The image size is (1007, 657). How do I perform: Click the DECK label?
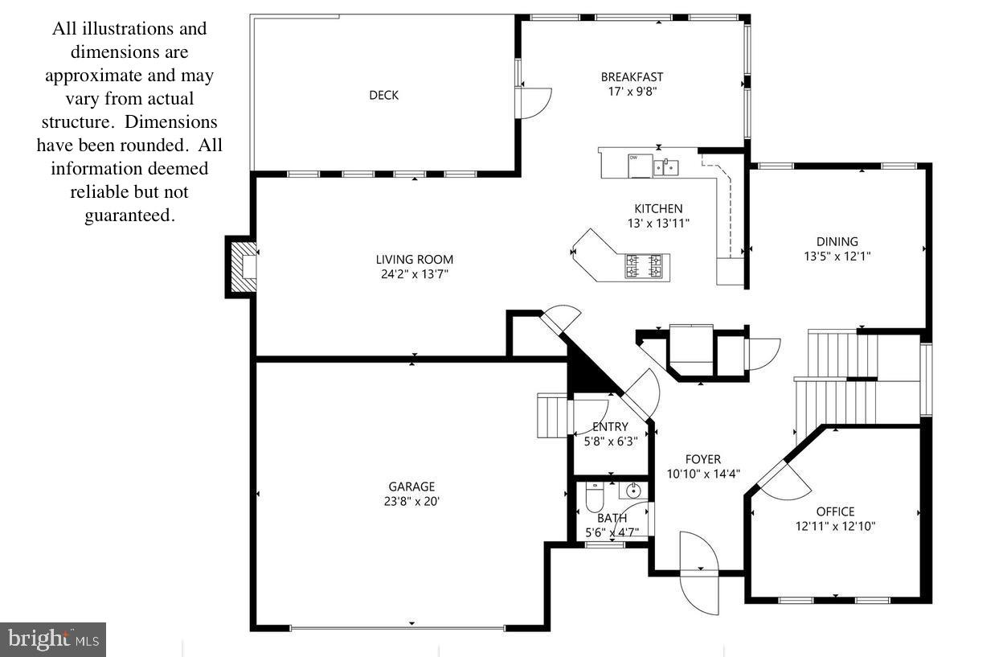(x=383, y=95)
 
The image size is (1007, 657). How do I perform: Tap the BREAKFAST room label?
(x=632, y=77)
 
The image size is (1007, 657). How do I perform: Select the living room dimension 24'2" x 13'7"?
(x=415, y=274)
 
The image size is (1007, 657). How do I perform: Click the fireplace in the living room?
(x=244, y=265)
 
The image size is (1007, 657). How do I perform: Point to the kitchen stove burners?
(x=645, y=266)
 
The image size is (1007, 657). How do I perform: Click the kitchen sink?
(x=666, y=167)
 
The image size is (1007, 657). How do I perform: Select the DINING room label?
(x=837, y=241)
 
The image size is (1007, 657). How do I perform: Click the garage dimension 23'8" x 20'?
(x=411, y=501)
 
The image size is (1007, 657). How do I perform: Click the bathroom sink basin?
(x=632, y=490)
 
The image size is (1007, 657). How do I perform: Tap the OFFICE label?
(x=835, y=511)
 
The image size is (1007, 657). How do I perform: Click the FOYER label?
(x=703, y=459)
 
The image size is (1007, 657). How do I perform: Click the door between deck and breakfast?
(x=534, y=101)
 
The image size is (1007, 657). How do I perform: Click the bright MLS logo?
(x=53, y=639)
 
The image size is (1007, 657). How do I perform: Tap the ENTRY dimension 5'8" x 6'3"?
(x=610, y=441)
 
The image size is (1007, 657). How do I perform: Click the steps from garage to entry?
(x=552, y=416)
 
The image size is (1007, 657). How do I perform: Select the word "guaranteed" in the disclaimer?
(x=129, y=216)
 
